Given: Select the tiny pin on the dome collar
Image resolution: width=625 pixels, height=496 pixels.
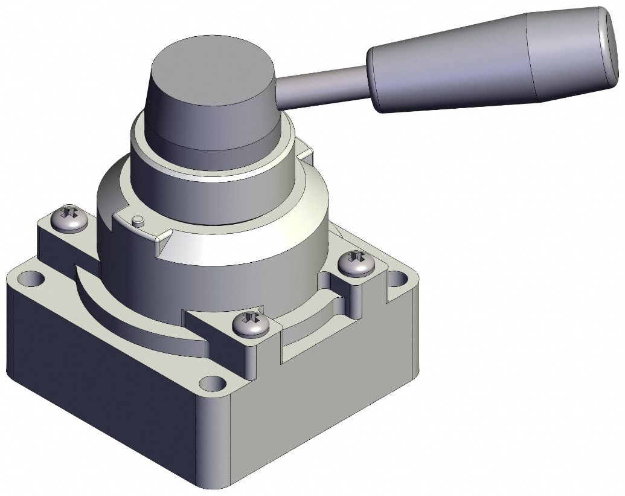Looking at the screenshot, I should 138,219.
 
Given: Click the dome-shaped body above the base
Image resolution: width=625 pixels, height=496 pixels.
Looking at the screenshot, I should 229,254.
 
